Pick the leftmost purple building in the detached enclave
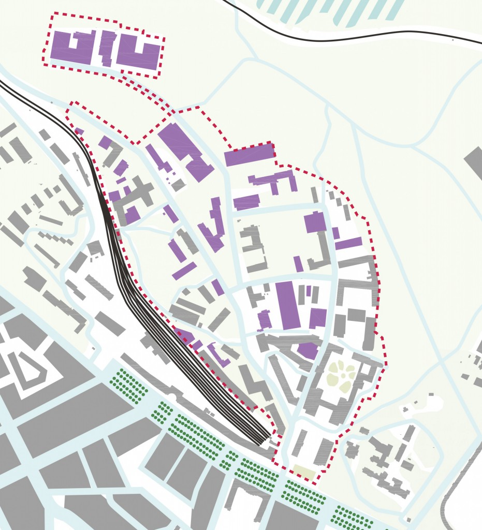(x=70, y=47)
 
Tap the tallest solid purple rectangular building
(x=288, y=305)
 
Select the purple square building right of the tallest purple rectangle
(x=318, y=317)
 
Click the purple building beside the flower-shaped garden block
(x=308, y=350)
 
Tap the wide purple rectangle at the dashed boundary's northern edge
(x=249, y=154)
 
